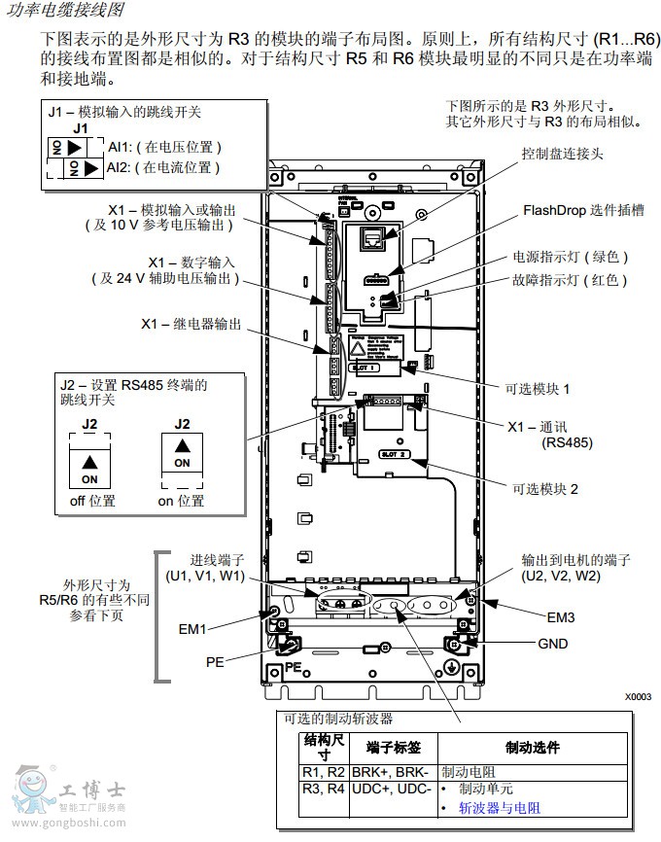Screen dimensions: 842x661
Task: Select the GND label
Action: point(552,644)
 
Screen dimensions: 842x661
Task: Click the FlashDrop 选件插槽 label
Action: point(584,210)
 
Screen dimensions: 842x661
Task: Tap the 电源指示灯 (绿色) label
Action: point(571,258)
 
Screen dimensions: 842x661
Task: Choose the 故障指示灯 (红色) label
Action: point(571,280)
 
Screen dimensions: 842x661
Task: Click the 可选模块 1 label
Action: point(538,387)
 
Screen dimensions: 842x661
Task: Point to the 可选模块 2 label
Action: point(545,489)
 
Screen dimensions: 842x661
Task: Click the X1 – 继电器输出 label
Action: point(191,324)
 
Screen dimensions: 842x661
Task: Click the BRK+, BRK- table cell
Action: point(397,771)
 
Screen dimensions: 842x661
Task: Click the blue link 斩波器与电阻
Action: point(500,808)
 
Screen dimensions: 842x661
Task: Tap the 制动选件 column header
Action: point(533,747)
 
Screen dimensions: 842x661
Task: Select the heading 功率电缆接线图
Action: point(65,11)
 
